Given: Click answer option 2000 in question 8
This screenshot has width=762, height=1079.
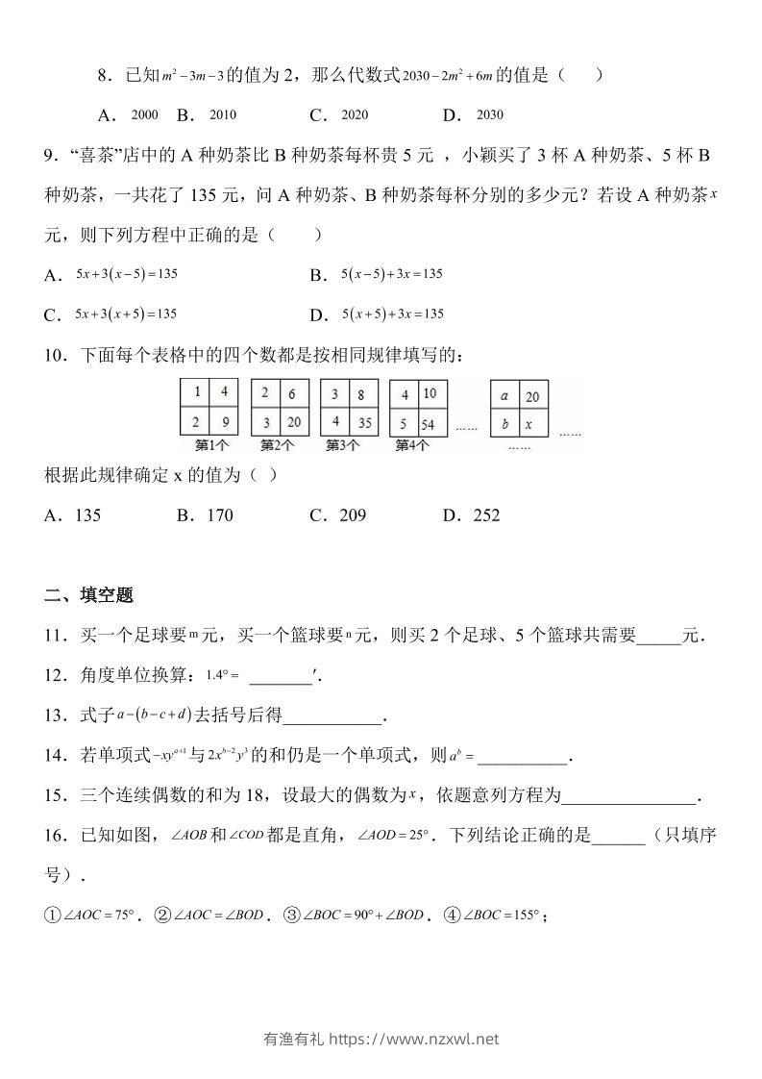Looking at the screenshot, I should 144,114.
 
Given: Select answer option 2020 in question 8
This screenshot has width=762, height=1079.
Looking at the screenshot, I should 355,114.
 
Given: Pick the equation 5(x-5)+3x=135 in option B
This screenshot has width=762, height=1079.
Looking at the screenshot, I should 391,274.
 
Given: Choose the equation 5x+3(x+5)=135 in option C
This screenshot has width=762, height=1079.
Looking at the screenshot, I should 126,314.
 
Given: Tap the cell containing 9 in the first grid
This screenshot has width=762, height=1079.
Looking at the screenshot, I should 223,420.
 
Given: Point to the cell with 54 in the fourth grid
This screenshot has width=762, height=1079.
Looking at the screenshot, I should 429,421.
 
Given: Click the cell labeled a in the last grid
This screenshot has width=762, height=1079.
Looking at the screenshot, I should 505,394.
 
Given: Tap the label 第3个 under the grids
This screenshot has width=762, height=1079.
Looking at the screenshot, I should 342,445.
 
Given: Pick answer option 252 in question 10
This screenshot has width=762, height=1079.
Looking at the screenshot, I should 486,515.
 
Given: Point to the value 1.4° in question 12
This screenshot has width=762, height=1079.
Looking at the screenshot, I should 221,675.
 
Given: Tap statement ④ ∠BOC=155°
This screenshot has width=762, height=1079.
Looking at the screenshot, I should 502,916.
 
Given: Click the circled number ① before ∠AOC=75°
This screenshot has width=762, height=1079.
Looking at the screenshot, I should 53,916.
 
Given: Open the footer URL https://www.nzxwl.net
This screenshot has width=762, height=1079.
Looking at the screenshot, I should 414,1039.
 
